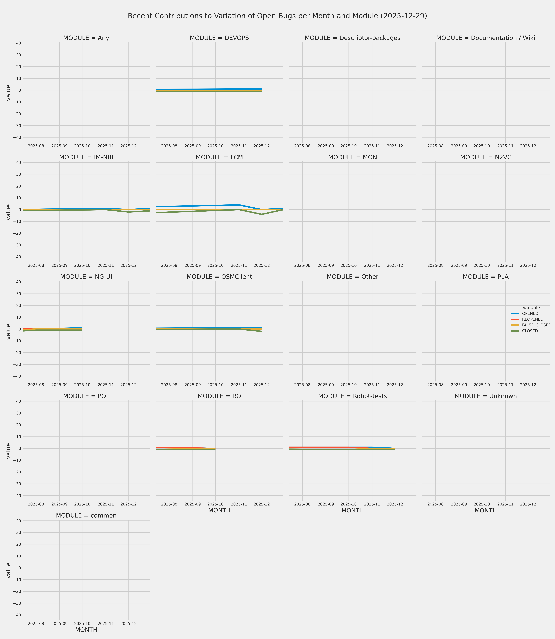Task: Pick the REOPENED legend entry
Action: tap(532, 319)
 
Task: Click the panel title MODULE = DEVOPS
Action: tap(219, 38)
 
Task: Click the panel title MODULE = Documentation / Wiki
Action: tap(486, 38)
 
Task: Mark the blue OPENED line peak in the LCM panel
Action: tap(239, 205)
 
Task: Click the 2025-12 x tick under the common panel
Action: tap(129, 623)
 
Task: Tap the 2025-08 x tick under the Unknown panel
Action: tap(435, 504)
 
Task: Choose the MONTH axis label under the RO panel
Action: tap(219, 511)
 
